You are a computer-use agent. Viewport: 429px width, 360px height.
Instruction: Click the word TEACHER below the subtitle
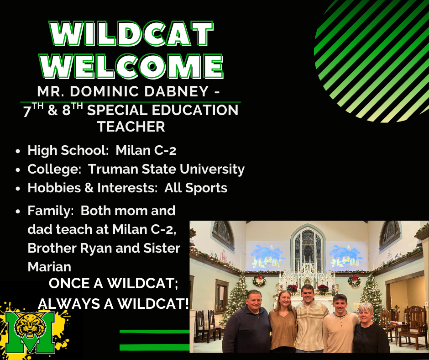pyautogui.click(x=131, y=127)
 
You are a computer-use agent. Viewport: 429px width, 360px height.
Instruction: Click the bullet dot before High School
pyautogui.click(x=17, y=151)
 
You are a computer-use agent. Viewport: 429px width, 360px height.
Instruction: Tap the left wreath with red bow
pyautogui.click(x=259, y=281)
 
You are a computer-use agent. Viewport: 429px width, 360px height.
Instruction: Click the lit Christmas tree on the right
pyautogui.click(x=371, y=295)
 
